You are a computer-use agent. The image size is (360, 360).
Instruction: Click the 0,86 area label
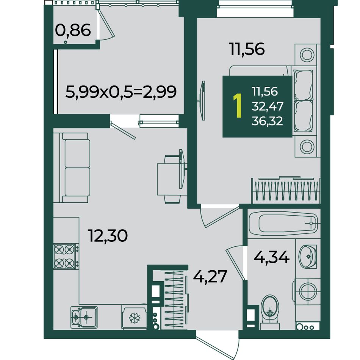tap(73, 31)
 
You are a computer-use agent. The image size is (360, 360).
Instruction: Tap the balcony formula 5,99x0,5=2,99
tap(121, 92)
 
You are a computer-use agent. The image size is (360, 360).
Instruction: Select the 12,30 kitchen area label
tap(108, 236)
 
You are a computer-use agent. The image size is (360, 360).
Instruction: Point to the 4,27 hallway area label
tap(210, 277)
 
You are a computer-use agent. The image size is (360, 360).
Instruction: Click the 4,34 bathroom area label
tap(272, 258)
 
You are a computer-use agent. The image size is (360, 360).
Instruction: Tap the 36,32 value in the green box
tap(267, 121)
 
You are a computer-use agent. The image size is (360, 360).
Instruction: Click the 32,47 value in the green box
tap(268, 106)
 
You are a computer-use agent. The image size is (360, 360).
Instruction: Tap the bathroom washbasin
tap(308, 256)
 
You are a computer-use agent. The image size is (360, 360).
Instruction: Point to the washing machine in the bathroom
tap(307, 291)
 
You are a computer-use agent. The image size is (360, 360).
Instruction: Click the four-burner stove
tap(64, 256)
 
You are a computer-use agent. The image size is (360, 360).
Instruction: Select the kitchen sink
tap(84, 317)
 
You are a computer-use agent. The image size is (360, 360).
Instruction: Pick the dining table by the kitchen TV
tap(169, 179)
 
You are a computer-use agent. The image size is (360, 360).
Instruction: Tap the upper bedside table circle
tap(307, 55)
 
